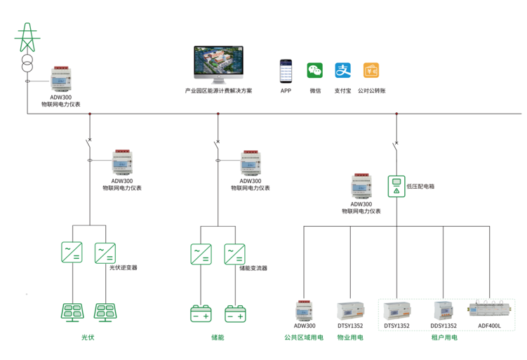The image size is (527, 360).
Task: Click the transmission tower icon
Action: tap(27, 36)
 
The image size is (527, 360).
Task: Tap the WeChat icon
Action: tap(314, 71)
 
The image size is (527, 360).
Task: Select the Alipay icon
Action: tap(342, 71)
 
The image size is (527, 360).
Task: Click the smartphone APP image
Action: tap(286, 71)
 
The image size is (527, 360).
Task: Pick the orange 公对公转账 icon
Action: tap(371, 71)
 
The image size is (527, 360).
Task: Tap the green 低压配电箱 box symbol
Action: tap(396, 186)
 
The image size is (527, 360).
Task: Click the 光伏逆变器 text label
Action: tap(123, 267)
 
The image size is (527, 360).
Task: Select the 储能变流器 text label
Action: tap(253, 267)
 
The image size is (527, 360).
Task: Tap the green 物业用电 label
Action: tap(350, 338)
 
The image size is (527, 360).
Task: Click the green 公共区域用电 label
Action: tap(304, 338)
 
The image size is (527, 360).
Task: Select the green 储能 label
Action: tap(218, 338)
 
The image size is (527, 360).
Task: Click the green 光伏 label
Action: tap(88, 338)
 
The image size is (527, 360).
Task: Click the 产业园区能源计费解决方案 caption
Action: tap(218, 91)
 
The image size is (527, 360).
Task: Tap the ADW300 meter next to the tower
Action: tap(64, 80)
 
